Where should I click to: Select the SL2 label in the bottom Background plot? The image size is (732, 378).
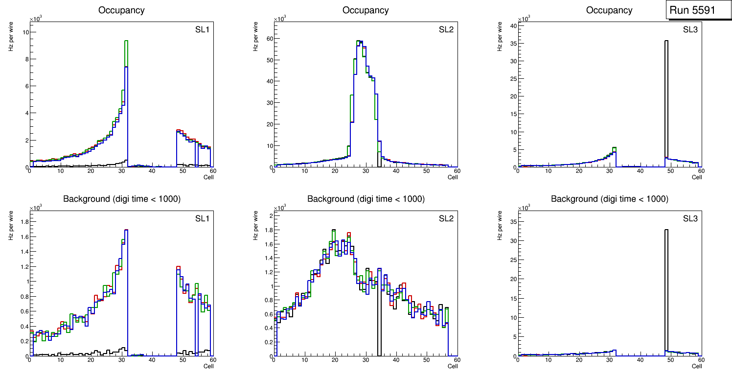click(x=446, y=218)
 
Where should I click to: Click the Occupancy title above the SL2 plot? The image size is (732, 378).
click(x=366, y=10)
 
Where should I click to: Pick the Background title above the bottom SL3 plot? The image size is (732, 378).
click(x=609, y=199)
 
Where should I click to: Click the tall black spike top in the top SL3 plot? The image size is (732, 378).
click(x=666, y=41)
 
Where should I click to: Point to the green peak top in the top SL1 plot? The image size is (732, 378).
click(x=126, y=41)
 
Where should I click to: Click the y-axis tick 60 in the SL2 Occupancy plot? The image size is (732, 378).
click(x=269, y=38)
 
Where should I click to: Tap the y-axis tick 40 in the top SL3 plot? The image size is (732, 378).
click(x=513, y=25)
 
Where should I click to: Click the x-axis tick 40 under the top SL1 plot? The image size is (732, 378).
click(x=152, y=170)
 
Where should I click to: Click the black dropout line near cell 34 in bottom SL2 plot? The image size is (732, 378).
click(x=379, y=323)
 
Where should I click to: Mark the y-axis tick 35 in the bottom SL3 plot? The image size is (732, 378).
click(x=513, y=221)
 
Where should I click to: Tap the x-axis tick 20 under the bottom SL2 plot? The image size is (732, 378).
click(x=335, y=359)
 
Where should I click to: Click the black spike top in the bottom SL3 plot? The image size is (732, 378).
click(x=666, y=230)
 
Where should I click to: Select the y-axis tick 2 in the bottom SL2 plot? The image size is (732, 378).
click(x=271, y=215)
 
